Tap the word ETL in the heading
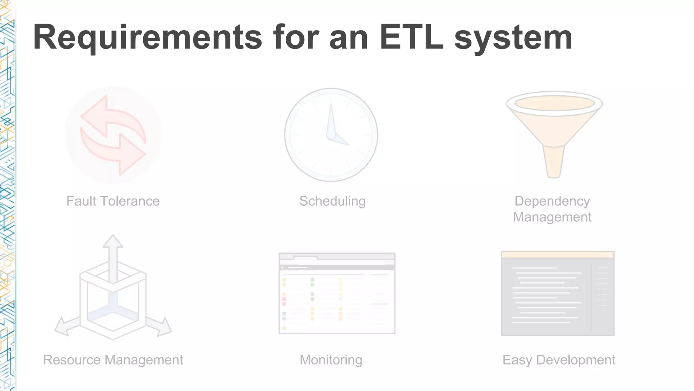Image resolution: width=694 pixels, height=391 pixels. (411, 37)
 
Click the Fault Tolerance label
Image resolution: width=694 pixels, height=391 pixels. (113, 201)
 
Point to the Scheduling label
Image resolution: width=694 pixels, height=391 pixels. (332, 201)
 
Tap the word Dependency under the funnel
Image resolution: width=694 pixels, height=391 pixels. (552, 201)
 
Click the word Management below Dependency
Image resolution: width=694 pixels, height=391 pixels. (552, 217)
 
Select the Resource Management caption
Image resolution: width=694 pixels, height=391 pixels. (113, 360)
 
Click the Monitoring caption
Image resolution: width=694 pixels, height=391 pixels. (331, 360)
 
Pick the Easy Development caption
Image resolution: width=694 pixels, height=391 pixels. (558, 360)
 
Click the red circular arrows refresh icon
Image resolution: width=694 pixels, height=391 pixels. (113, 135)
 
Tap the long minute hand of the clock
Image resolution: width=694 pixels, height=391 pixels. (331, 120)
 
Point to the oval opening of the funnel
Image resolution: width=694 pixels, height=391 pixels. (554, 103)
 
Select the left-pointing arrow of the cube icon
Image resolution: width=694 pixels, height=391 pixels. (66, 327)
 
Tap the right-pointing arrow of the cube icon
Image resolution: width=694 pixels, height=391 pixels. (160, 326)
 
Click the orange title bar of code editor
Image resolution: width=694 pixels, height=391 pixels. (557, 255)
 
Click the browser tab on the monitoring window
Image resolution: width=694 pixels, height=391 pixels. (305, 258)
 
